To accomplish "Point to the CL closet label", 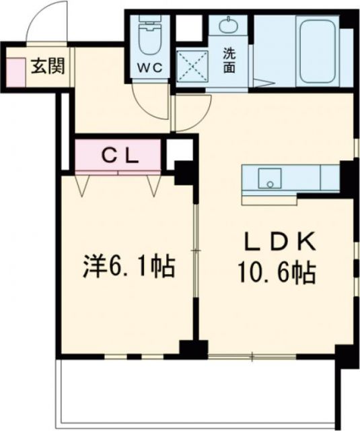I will [120, 156].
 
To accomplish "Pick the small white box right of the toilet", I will [190, 27].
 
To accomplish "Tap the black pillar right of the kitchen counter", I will [347, 176].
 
